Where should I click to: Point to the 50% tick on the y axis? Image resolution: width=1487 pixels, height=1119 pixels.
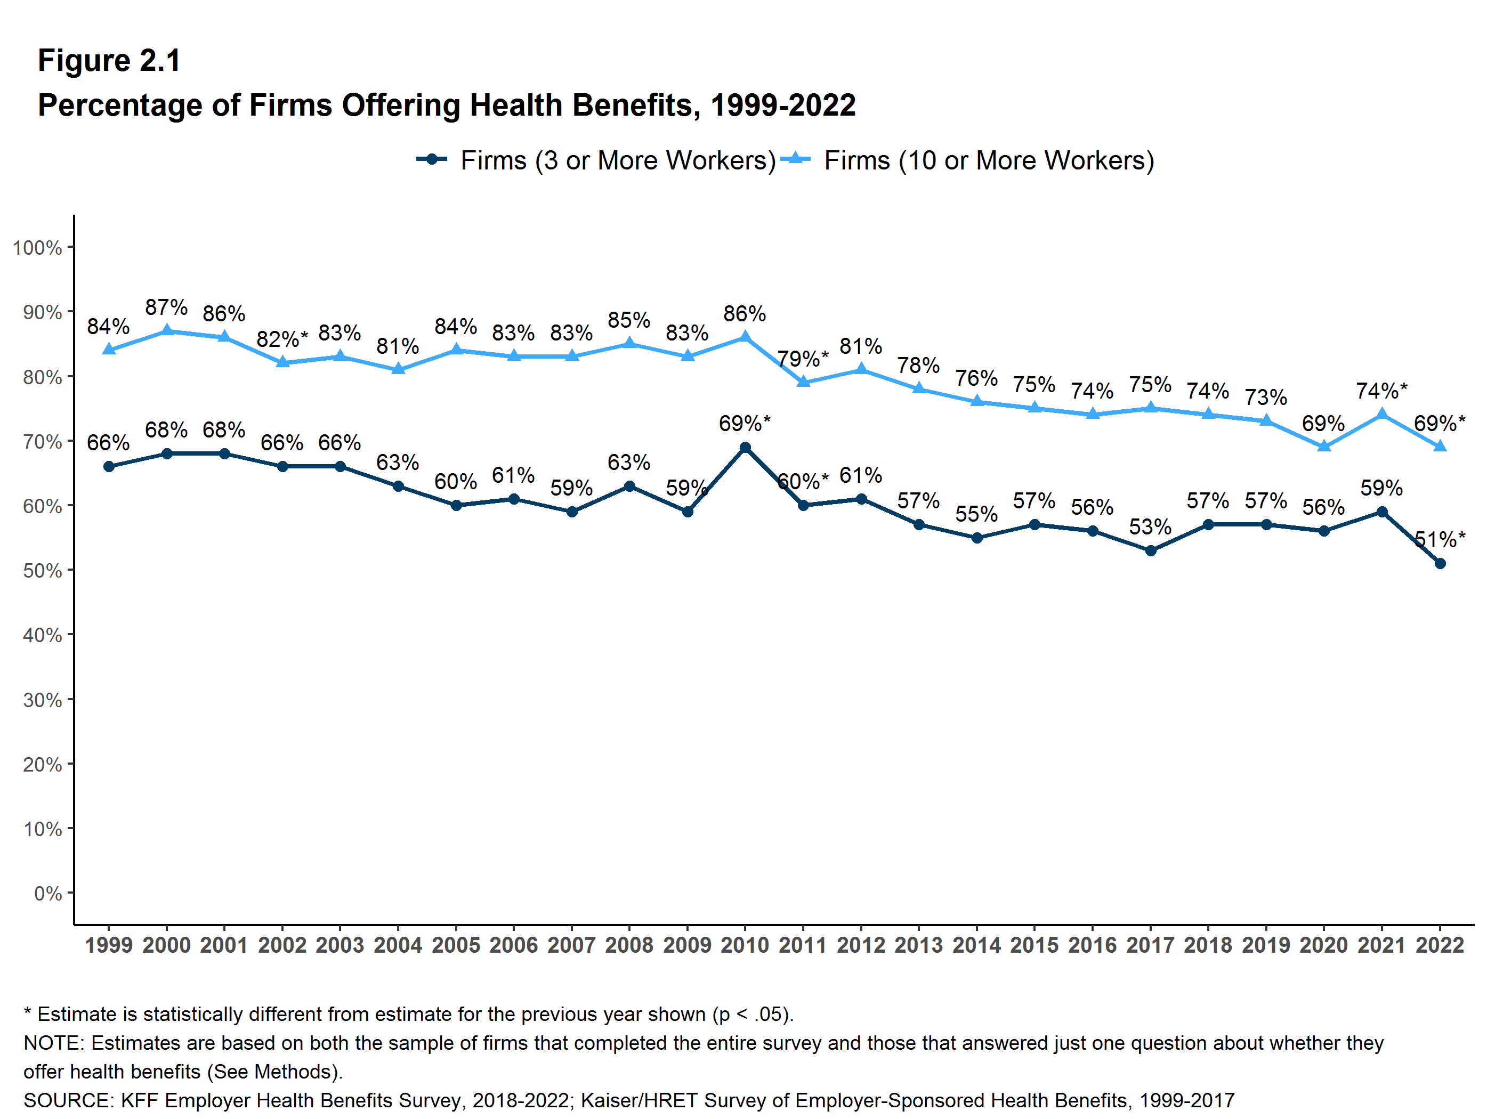click(42, 571)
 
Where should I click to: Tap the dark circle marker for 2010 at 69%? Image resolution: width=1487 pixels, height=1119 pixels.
click(745, 448)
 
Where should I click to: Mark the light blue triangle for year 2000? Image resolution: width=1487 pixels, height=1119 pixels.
click(167, 331)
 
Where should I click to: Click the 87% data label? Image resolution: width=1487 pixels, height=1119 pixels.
click(166, 307)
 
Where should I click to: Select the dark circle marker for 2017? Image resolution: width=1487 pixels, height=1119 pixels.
click(1150, 550)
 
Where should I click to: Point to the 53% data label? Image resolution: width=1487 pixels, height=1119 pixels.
click(1150, 527)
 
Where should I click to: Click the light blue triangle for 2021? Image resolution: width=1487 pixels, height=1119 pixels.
click(1382, 414)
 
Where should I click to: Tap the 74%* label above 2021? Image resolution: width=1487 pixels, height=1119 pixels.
click(1381, 391)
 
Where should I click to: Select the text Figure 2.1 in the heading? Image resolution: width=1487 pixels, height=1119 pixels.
click(109, 61)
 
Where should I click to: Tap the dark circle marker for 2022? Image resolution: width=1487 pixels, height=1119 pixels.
click(1440, 563)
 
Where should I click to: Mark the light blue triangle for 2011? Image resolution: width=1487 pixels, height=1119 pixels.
click(803, 382)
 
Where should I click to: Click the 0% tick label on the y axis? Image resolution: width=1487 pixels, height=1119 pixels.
click(48, 893)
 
